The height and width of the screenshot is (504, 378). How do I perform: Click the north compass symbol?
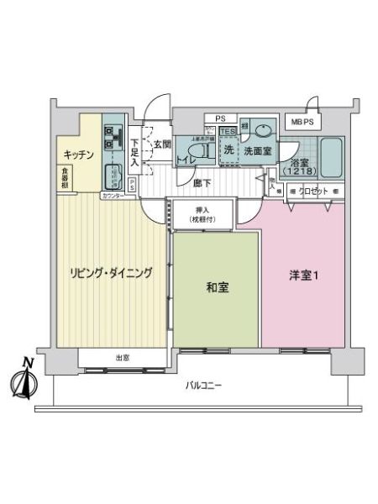click(x=22, y=380)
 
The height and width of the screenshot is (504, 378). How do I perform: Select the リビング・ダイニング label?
click(x=111, y=272)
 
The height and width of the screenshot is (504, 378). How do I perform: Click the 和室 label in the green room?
click(x=218, y=287)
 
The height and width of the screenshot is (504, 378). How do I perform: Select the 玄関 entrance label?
click(x=162, y=144)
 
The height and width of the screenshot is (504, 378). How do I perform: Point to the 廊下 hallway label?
click(x=201, y=181)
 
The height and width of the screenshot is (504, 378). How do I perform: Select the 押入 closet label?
click(x=202, y=210)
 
